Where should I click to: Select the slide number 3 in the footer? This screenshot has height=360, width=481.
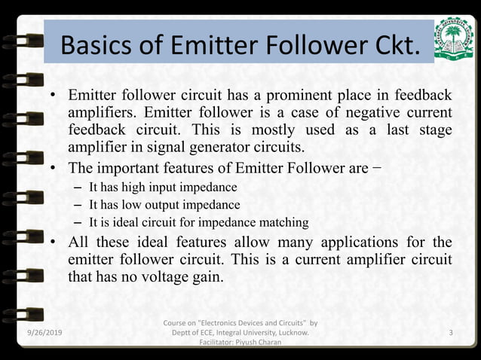[451, 332]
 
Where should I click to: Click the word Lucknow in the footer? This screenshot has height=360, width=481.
[293, 332]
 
